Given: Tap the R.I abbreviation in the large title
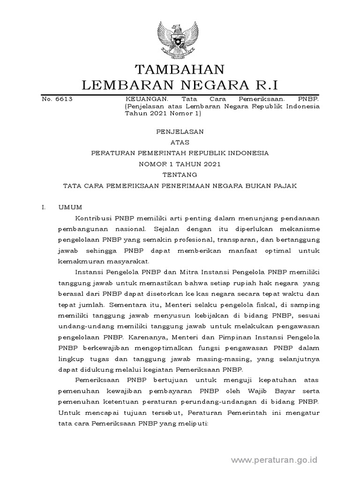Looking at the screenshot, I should tap(265, 85).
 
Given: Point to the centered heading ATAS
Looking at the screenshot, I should tap(180, 142).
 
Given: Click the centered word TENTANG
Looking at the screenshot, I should tap(180, 175).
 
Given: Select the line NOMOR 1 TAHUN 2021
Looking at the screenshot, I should tap(180, 164).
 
